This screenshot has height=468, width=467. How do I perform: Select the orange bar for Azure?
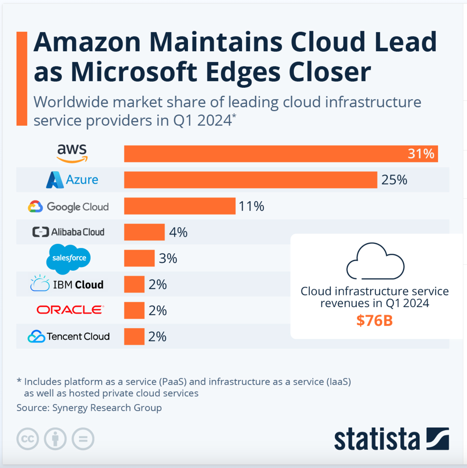(x=250, y=180)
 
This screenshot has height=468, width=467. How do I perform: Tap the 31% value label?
(x=421, y=154)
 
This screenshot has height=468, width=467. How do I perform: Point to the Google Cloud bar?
(x=180, y=206)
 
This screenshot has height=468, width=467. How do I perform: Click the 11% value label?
(x=251, y=206)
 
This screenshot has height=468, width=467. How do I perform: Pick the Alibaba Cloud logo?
(x=68, y=232)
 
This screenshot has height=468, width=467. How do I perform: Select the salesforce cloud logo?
(x=68, y=258)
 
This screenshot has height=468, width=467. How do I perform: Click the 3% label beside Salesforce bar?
(x=168, y=259)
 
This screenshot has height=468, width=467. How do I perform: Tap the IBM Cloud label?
(x=67, y=284)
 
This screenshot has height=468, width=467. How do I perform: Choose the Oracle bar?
(x=134, y=311)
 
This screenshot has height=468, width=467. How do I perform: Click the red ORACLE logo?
(x=70, y=310)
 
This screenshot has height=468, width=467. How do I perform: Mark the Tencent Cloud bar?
(x=134, y=337)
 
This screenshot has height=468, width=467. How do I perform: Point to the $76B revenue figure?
(x=375, y=321)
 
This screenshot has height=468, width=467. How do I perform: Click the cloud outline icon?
(x=375, y=261)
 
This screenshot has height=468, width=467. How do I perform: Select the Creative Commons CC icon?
(x=28, y=439)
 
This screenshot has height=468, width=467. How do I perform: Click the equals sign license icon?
(x=83, y=439)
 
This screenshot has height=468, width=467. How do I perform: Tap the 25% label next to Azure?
(x=394, y=180)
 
